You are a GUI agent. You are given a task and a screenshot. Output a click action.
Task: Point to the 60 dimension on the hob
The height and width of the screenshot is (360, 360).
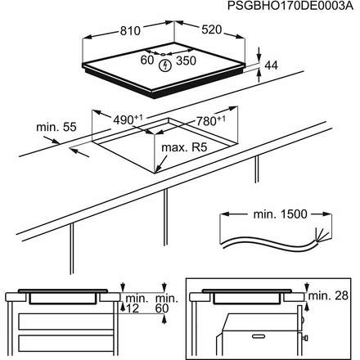tap(147, 60)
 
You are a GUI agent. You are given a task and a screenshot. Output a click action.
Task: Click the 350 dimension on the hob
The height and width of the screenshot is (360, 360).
tap(187, 60)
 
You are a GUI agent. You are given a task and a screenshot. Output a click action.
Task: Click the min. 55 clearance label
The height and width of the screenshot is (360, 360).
tap(56, 128)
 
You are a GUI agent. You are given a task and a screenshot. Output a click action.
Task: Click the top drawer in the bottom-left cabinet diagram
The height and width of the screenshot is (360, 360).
tap(61, 318)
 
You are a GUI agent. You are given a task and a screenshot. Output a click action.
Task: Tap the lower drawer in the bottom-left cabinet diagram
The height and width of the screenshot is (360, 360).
tap(61, 342)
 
